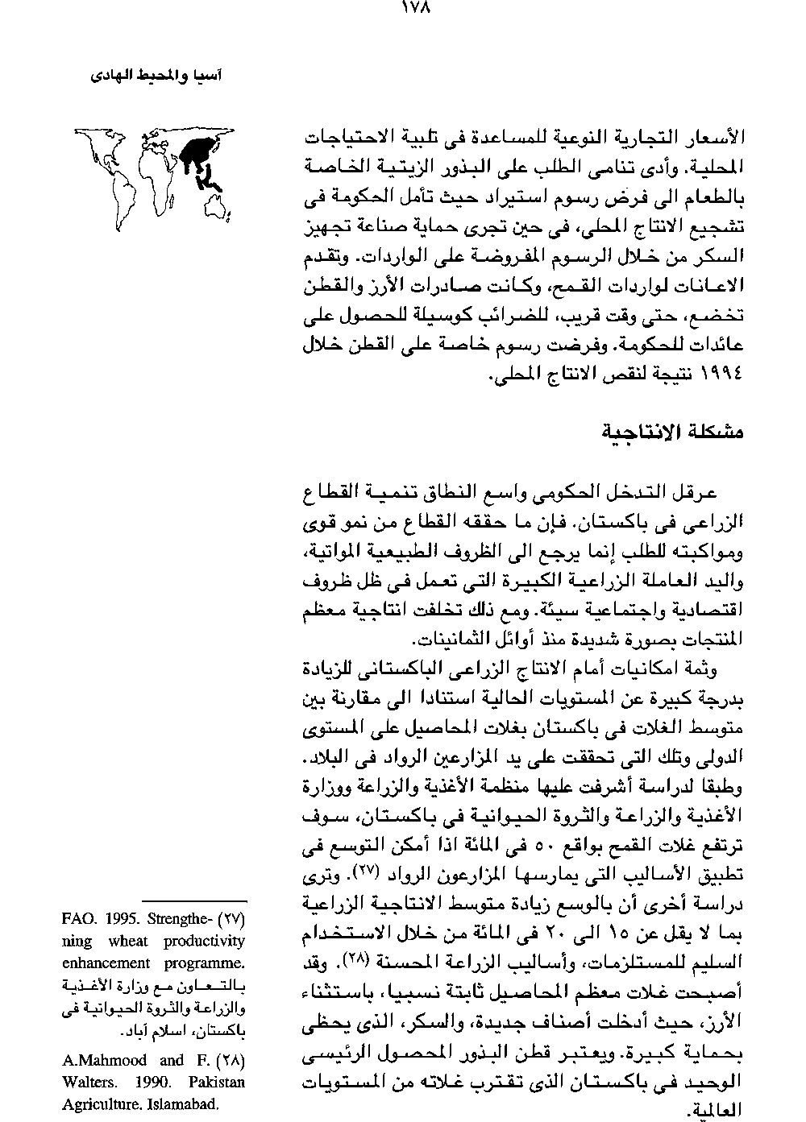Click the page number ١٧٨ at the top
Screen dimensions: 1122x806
click(x=415, y=10)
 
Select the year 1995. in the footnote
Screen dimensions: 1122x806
click(x=127, y=919)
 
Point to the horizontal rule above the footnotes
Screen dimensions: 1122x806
click(x=193, y=900)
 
